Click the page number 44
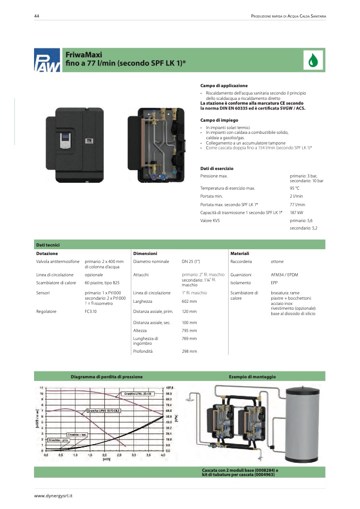[37, 16]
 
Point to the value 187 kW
[297, 213]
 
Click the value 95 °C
[295, 188]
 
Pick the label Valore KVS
[210, 220]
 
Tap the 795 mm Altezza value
[189, 330]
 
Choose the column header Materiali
[240, 253]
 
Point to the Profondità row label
[144, 351]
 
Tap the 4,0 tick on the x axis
[163, 455]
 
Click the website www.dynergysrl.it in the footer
[53, 496]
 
